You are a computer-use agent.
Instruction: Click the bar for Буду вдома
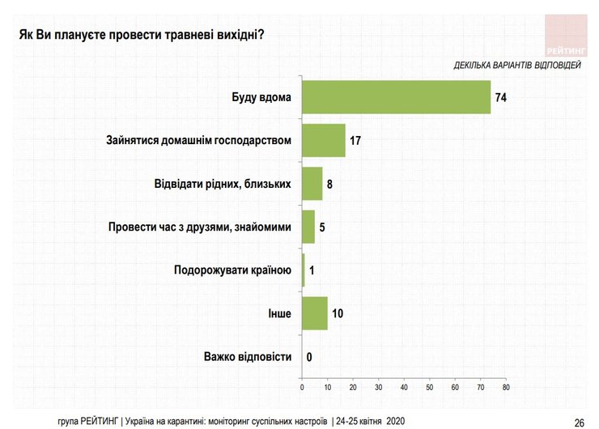pos(396,97)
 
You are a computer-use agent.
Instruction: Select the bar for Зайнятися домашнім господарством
pos(323,140)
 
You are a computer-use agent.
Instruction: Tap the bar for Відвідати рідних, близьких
pos(312,184)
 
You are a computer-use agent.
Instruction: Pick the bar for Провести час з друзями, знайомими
pos(308,227)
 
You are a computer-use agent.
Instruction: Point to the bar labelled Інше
pos(314,313)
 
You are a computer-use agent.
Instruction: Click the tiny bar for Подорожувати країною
pos(303,270)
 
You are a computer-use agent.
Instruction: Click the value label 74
pos(500,97)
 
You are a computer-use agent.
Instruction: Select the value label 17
pos(355,141)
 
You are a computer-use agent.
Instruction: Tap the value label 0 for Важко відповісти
pos(309,357)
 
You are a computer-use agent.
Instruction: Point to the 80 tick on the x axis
pos(505,389)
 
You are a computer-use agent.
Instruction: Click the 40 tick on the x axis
pos(404,389)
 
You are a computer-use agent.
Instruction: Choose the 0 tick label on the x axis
pos(302,389)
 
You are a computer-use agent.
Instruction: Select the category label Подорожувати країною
pos(232,270)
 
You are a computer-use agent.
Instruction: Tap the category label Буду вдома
pos(261,97)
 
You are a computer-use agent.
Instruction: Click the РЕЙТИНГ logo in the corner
pos(566,33)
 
